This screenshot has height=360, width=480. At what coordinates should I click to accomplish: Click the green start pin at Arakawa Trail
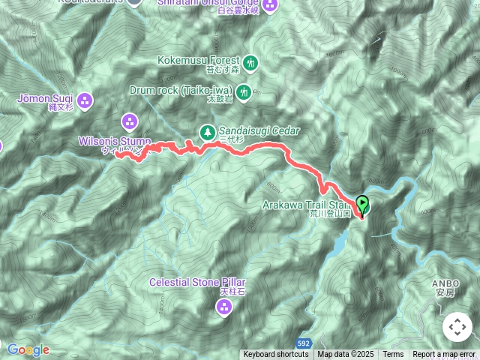(x=362, y=203)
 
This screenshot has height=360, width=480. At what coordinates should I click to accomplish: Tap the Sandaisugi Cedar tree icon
(x=206, y=132)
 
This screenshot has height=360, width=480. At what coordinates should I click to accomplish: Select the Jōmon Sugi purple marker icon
(x=85, y=99)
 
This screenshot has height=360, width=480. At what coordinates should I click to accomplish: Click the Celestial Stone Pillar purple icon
(x=224, y=306)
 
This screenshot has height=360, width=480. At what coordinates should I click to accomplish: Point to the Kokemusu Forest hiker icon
(x=250, y=62)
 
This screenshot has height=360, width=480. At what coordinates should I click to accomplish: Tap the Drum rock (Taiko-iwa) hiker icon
(x=243, y=92)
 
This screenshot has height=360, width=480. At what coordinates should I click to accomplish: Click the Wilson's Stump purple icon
(x=130, y=121)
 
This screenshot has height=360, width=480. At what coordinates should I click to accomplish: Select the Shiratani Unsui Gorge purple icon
(x=270, y=5)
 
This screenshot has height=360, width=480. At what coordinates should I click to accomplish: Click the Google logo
(x=28, y=349)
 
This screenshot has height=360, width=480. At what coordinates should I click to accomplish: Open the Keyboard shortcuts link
(x=276, y=355)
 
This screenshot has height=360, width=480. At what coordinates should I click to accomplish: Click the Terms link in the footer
(x=393, y=355)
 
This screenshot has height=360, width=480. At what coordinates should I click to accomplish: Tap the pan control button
(x=457, y=327)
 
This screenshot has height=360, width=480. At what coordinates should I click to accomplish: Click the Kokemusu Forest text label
(x=199, y=60)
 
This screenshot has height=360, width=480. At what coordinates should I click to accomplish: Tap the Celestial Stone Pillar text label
(x=197, y=283)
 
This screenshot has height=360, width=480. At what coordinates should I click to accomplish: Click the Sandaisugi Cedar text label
(x=259, y=130)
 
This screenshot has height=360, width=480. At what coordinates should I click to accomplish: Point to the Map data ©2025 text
(x=346, y=355)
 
